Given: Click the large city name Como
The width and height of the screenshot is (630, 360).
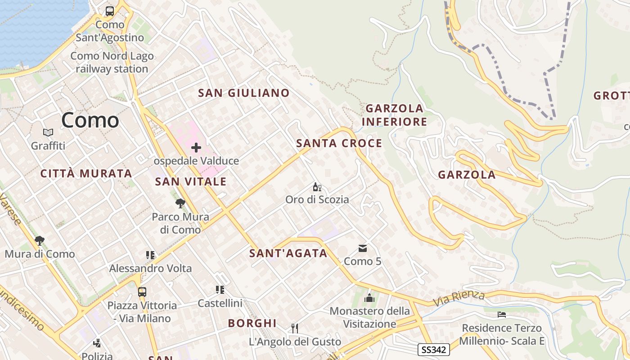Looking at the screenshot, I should click(x=90, y=120).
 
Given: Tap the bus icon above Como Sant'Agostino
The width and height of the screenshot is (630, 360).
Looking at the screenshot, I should click(x=110, y=11).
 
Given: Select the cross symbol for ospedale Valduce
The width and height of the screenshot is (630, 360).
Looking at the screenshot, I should click(x=196, y=147).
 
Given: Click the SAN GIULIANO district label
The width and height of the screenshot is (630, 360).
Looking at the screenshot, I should click(x=244, y=93).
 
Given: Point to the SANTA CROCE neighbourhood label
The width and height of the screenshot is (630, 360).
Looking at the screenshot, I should click(x=339, y=144).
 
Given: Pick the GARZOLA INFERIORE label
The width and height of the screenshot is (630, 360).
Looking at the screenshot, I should click(x=394, y=115).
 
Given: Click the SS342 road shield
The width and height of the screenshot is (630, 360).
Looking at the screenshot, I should click(x=433, y=349).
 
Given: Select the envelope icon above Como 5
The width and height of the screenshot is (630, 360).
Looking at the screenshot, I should click(x=363, y=248).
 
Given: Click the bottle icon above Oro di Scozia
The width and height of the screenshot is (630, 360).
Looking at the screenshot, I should click(x=317, y=187).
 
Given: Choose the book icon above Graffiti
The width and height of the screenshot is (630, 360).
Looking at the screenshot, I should click(x=48, y=133).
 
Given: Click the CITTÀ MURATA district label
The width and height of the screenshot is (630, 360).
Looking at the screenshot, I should click(x=86, y=174).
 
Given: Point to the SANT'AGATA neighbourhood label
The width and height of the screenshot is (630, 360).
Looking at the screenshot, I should click(x=288, y=253).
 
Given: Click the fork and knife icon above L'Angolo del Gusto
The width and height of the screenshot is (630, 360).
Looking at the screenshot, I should click(x=295, y=328).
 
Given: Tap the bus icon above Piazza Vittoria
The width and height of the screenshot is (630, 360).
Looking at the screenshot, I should click(x=142, y=292).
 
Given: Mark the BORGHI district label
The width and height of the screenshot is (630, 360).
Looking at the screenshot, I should click(x=252, y=323).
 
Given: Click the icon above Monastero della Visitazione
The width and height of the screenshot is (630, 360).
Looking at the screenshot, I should click(x=369, y=298).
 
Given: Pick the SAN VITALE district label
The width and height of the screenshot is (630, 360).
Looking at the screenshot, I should click(x=191, y=182).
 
